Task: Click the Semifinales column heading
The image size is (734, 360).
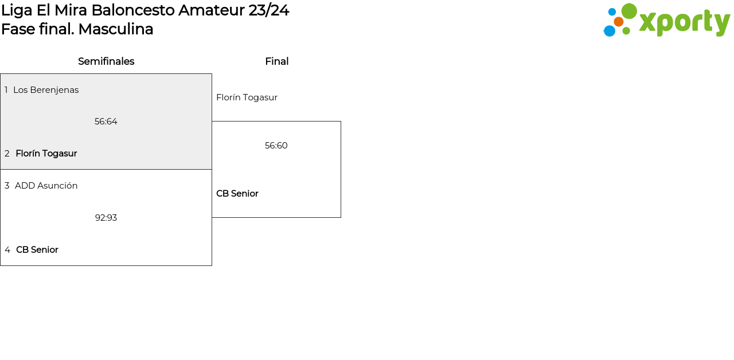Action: pos(106,61)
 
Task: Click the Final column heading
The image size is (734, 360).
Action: pos(276,61)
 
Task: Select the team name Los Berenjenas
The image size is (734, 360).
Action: pos(46,90)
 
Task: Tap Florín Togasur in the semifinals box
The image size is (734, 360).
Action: pos(46,154)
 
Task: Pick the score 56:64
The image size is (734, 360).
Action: pos(106,122)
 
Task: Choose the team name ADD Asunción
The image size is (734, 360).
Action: pos(46,186)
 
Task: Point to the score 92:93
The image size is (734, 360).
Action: pos(106,218)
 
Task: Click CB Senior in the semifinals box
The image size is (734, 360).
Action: pos(37,250)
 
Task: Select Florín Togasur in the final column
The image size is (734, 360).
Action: pos(247,97)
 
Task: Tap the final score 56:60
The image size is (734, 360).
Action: pos(276,146)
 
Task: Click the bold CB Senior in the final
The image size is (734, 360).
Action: pos(237,194)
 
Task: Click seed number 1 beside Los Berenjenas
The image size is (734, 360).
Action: pos(6,90)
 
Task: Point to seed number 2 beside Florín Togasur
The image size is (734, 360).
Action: pos(7,154)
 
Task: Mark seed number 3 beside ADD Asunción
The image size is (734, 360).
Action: pos(7,186)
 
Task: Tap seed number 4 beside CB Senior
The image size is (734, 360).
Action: pos(7,250)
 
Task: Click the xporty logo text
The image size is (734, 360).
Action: pos(684,22)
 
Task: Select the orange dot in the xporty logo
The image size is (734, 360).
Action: pos(618,22)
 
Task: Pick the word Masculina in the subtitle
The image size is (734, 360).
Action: pos(116,29)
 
